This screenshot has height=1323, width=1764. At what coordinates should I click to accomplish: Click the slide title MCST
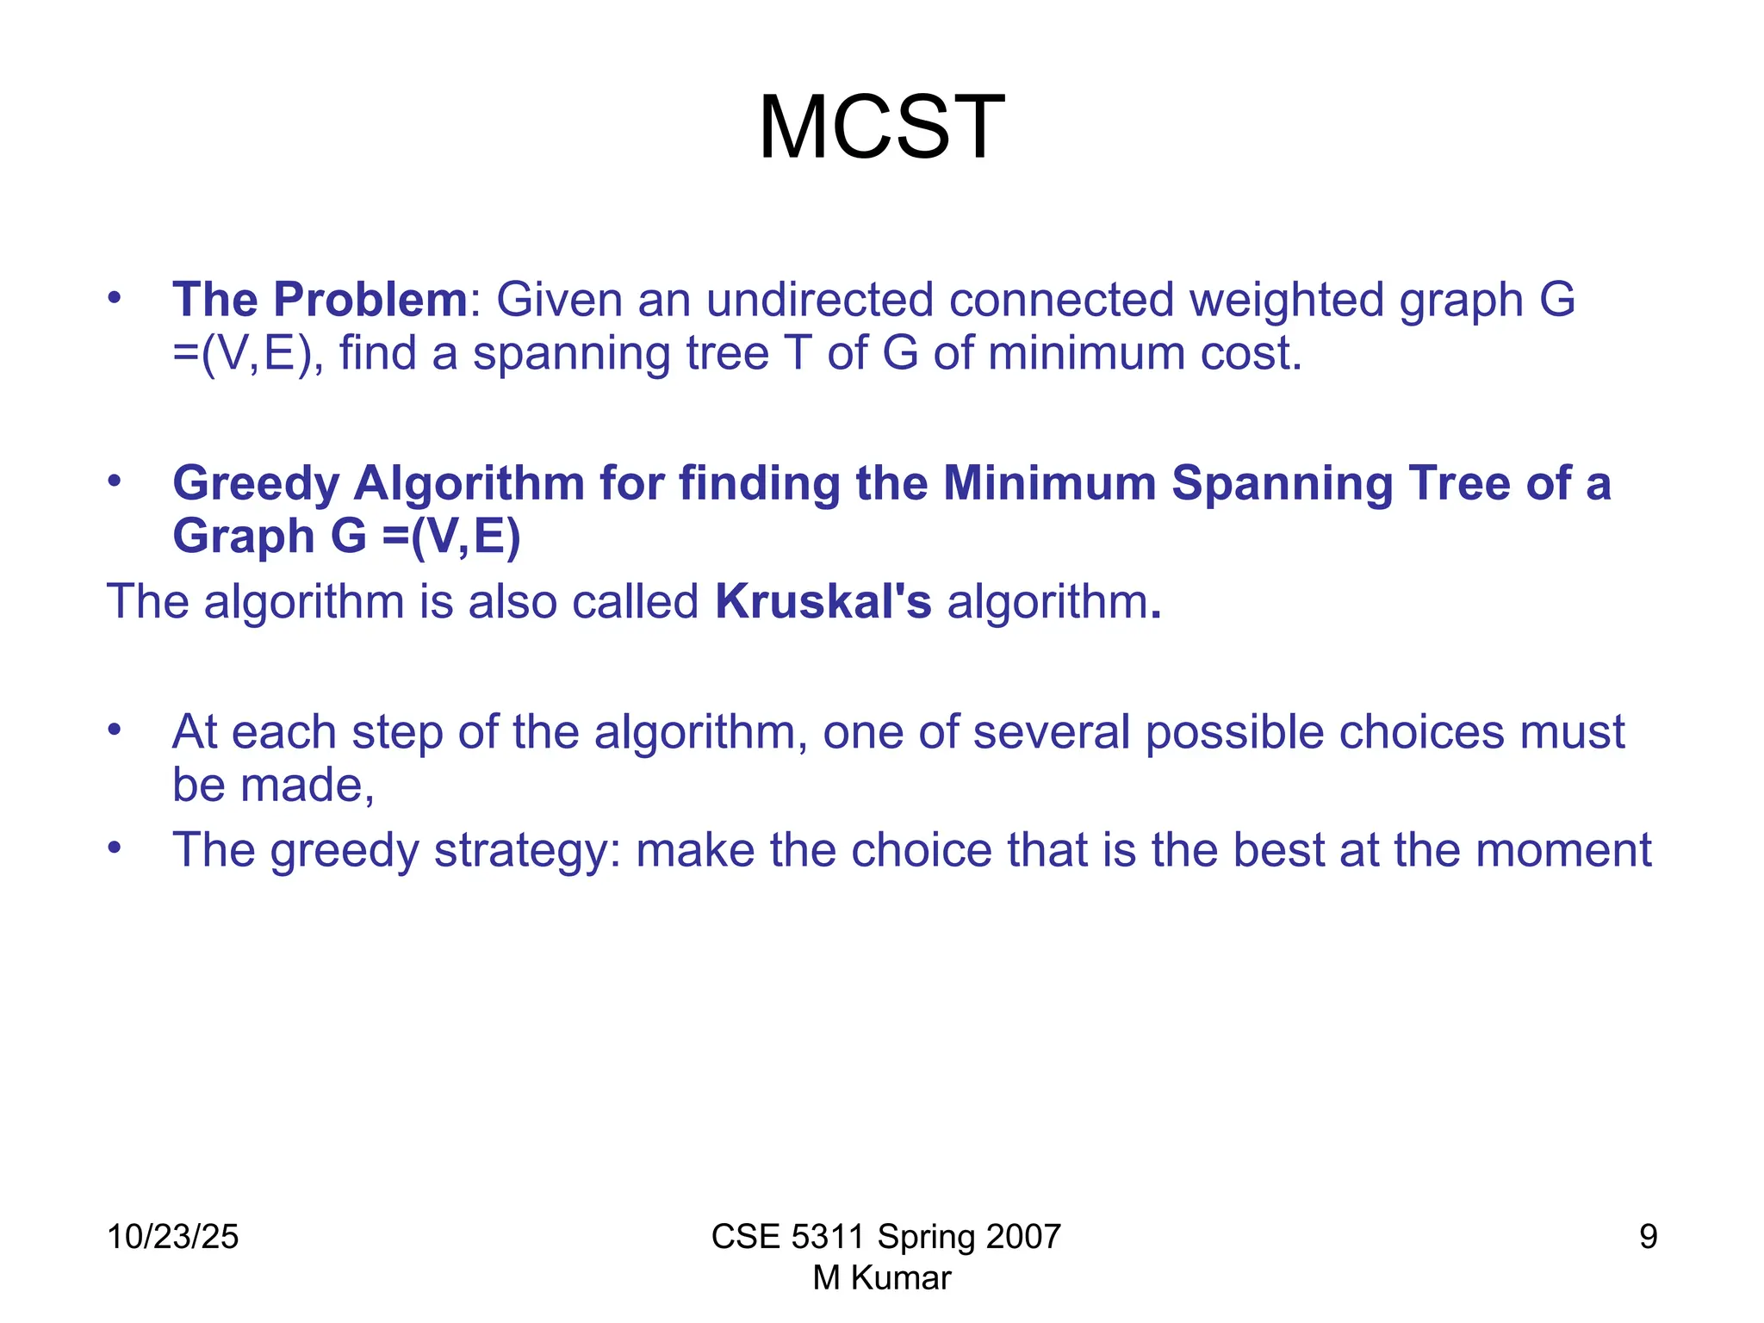click(x=881, y=128)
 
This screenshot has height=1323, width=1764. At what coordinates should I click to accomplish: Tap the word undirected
click(x=819, y=300)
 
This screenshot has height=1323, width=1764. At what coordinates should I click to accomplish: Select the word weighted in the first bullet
click(x=1286, y=300)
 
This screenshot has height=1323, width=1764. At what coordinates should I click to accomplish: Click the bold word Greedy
click(x=256, y=484)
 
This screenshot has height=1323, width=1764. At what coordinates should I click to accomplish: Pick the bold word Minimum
click(x=1049, y=482)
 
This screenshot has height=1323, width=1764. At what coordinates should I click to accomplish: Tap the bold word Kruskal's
click(x=823, y=601)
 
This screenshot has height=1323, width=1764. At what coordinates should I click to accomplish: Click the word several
click(x=1051, y=732)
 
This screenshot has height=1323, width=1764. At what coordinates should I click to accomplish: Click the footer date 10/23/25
click(x=172, y=1237)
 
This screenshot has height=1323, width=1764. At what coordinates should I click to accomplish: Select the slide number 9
click(x=1648, y=1237)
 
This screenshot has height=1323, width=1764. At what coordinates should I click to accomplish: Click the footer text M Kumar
click(x=882, y=1278)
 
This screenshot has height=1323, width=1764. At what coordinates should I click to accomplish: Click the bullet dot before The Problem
click(x=115, y=299)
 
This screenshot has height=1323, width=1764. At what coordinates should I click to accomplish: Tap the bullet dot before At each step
click(x=115, y=730)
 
